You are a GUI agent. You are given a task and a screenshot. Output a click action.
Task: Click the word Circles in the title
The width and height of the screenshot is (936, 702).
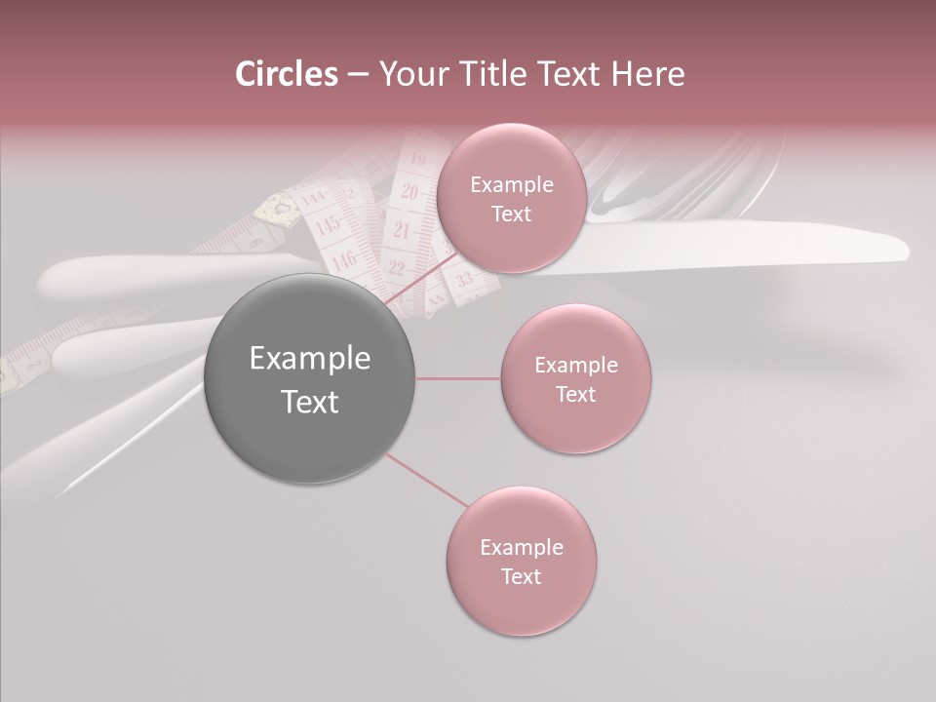tap(286, 74)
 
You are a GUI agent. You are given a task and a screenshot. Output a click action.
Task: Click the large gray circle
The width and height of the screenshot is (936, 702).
tap(309, 378)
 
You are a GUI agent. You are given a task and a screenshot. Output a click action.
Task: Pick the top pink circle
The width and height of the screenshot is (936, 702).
tap(511, 198)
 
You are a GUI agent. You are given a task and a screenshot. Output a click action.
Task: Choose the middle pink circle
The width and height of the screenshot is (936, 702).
tap(575, 378)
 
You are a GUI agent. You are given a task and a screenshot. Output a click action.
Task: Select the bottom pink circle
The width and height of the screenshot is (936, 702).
tap(521, 561)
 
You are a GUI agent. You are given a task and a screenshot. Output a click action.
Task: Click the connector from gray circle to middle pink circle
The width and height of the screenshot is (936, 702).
tap(457, 378)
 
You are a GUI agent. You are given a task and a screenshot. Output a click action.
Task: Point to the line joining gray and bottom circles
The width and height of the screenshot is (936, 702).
tap(425, 481)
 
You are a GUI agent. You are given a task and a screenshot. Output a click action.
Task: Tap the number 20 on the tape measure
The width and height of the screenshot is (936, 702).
tap(409, 192)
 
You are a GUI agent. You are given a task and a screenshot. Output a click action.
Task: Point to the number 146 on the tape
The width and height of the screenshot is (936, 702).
tap(343, 259)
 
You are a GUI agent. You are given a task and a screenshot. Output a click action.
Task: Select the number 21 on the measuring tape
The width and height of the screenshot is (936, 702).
tap(402, 231)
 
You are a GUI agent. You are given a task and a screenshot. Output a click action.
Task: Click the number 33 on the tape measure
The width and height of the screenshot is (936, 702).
tap(464, 281)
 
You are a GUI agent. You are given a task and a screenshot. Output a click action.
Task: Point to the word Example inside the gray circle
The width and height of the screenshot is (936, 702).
tap(309, 359)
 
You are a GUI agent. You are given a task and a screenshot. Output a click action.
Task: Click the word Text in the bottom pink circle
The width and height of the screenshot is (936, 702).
tap(521, 576)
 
